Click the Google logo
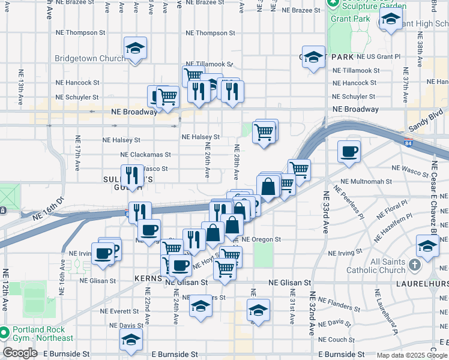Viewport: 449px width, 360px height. coord(20,353)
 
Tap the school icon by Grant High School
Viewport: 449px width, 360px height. coord(391,20)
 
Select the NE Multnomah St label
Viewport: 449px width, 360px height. coord(366,181)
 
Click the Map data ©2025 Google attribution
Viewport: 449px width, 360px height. coord(411,355)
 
